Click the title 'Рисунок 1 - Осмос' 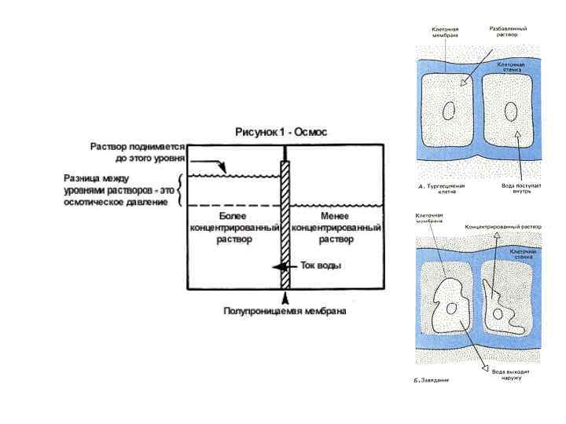coord(281,132)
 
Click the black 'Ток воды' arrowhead coord(277,266)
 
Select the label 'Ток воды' coord(322,266)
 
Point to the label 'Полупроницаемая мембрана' coord(285,311)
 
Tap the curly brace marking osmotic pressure coord(182,191)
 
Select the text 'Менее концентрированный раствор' coord(336,227)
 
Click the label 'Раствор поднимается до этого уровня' coord(138,152)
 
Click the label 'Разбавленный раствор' coord(513,31)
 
